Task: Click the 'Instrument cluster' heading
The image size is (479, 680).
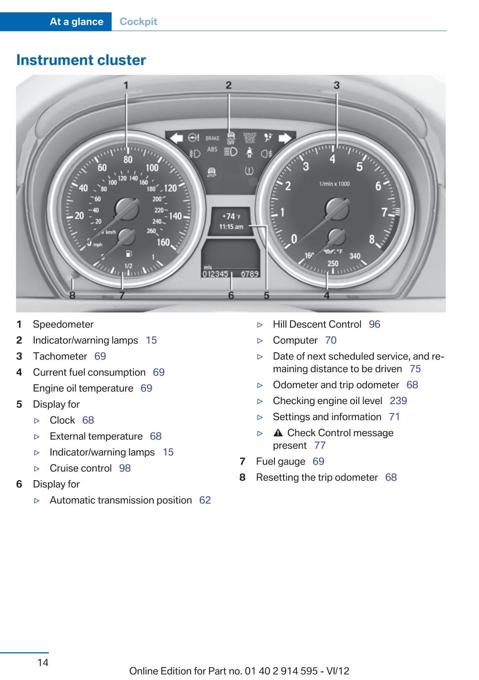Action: [x=81, y=60]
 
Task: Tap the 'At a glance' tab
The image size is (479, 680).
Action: [x=76, y=21]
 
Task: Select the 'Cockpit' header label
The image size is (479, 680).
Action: [x=138, y=21]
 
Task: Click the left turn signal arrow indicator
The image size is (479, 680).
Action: [x=176, y=138]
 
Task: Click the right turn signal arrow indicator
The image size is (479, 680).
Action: [x=285, y=138]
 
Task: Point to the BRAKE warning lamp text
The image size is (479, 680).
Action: [x=212, y=139]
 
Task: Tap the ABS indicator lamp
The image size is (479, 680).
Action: [x=212, y=149]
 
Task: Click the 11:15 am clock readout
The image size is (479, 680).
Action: [x=231, y=227]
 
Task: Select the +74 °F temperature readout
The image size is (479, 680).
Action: [x=231, y=216]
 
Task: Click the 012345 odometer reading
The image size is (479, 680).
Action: [x=215, y=274]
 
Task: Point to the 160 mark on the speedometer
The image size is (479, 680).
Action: [x=163, y=242]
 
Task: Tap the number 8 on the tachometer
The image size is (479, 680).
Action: [x=372, y=239]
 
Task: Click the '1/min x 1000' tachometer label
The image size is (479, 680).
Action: [x=334, y=184]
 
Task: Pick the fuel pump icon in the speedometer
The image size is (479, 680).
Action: [x=129, y=254]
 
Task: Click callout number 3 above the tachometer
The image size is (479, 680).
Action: [x=336, y=85]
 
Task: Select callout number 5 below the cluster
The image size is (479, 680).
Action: [x=266, y=295]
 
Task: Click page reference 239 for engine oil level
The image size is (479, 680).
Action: [x=398, y=401]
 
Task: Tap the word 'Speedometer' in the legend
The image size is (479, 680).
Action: [x=63, y=324]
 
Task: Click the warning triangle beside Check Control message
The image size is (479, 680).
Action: [x=278, y=433]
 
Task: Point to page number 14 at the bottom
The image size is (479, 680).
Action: [x=43, y=662]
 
